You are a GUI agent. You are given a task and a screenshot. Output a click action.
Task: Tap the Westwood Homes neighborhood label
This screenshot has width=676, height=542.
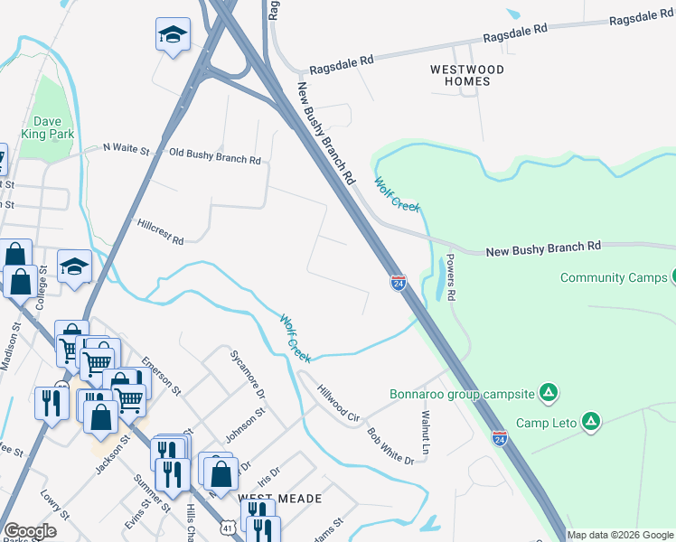coord(467,75)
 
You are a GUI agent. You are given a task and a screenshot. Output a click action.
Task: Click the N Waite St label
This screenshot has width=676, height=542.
coord(126,146)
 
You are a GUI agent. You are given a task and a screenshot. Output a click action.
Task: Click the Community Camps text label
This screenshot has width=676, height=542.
coord(613,277)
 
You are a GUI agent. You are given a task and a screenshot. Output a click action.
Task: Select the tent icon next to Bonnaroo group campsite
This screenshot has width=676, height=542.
coord(547,393)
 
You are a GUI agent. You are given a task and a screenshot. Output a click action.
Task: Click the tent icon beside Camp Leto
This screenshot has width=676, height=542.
coord(590,422)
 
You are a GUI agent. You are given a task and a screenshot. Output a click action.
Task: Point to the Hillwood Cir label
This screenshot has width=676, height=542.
coord(339,404)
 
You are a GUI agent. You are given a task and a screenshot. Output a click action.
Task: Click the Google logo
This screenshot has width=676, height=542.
coord(30,531)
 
